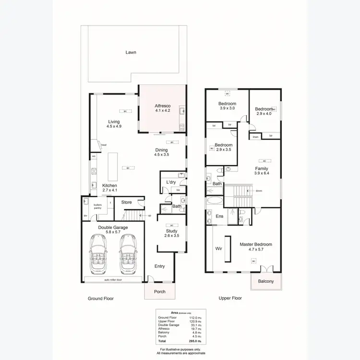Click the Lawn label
[131, 52]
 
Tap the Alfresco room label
[163, 108]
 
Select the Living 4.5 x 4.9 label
[114, 124]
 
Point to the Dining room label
[161, 152]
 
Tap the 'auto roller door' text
[113, 279]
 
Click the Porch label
[159, 292]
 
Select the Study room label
[171, 233]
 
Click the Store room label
[126, 203]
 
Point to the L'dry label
[171, 182]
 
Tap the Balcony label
[265, 281]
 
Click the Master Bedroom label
[256, 247]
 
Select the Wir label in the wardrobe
[218, 249]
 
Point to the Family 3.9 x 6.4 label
[262, 171]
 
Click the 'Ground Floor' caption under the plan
[100, 298]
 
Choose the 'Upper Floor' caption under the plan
[230, 298]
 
